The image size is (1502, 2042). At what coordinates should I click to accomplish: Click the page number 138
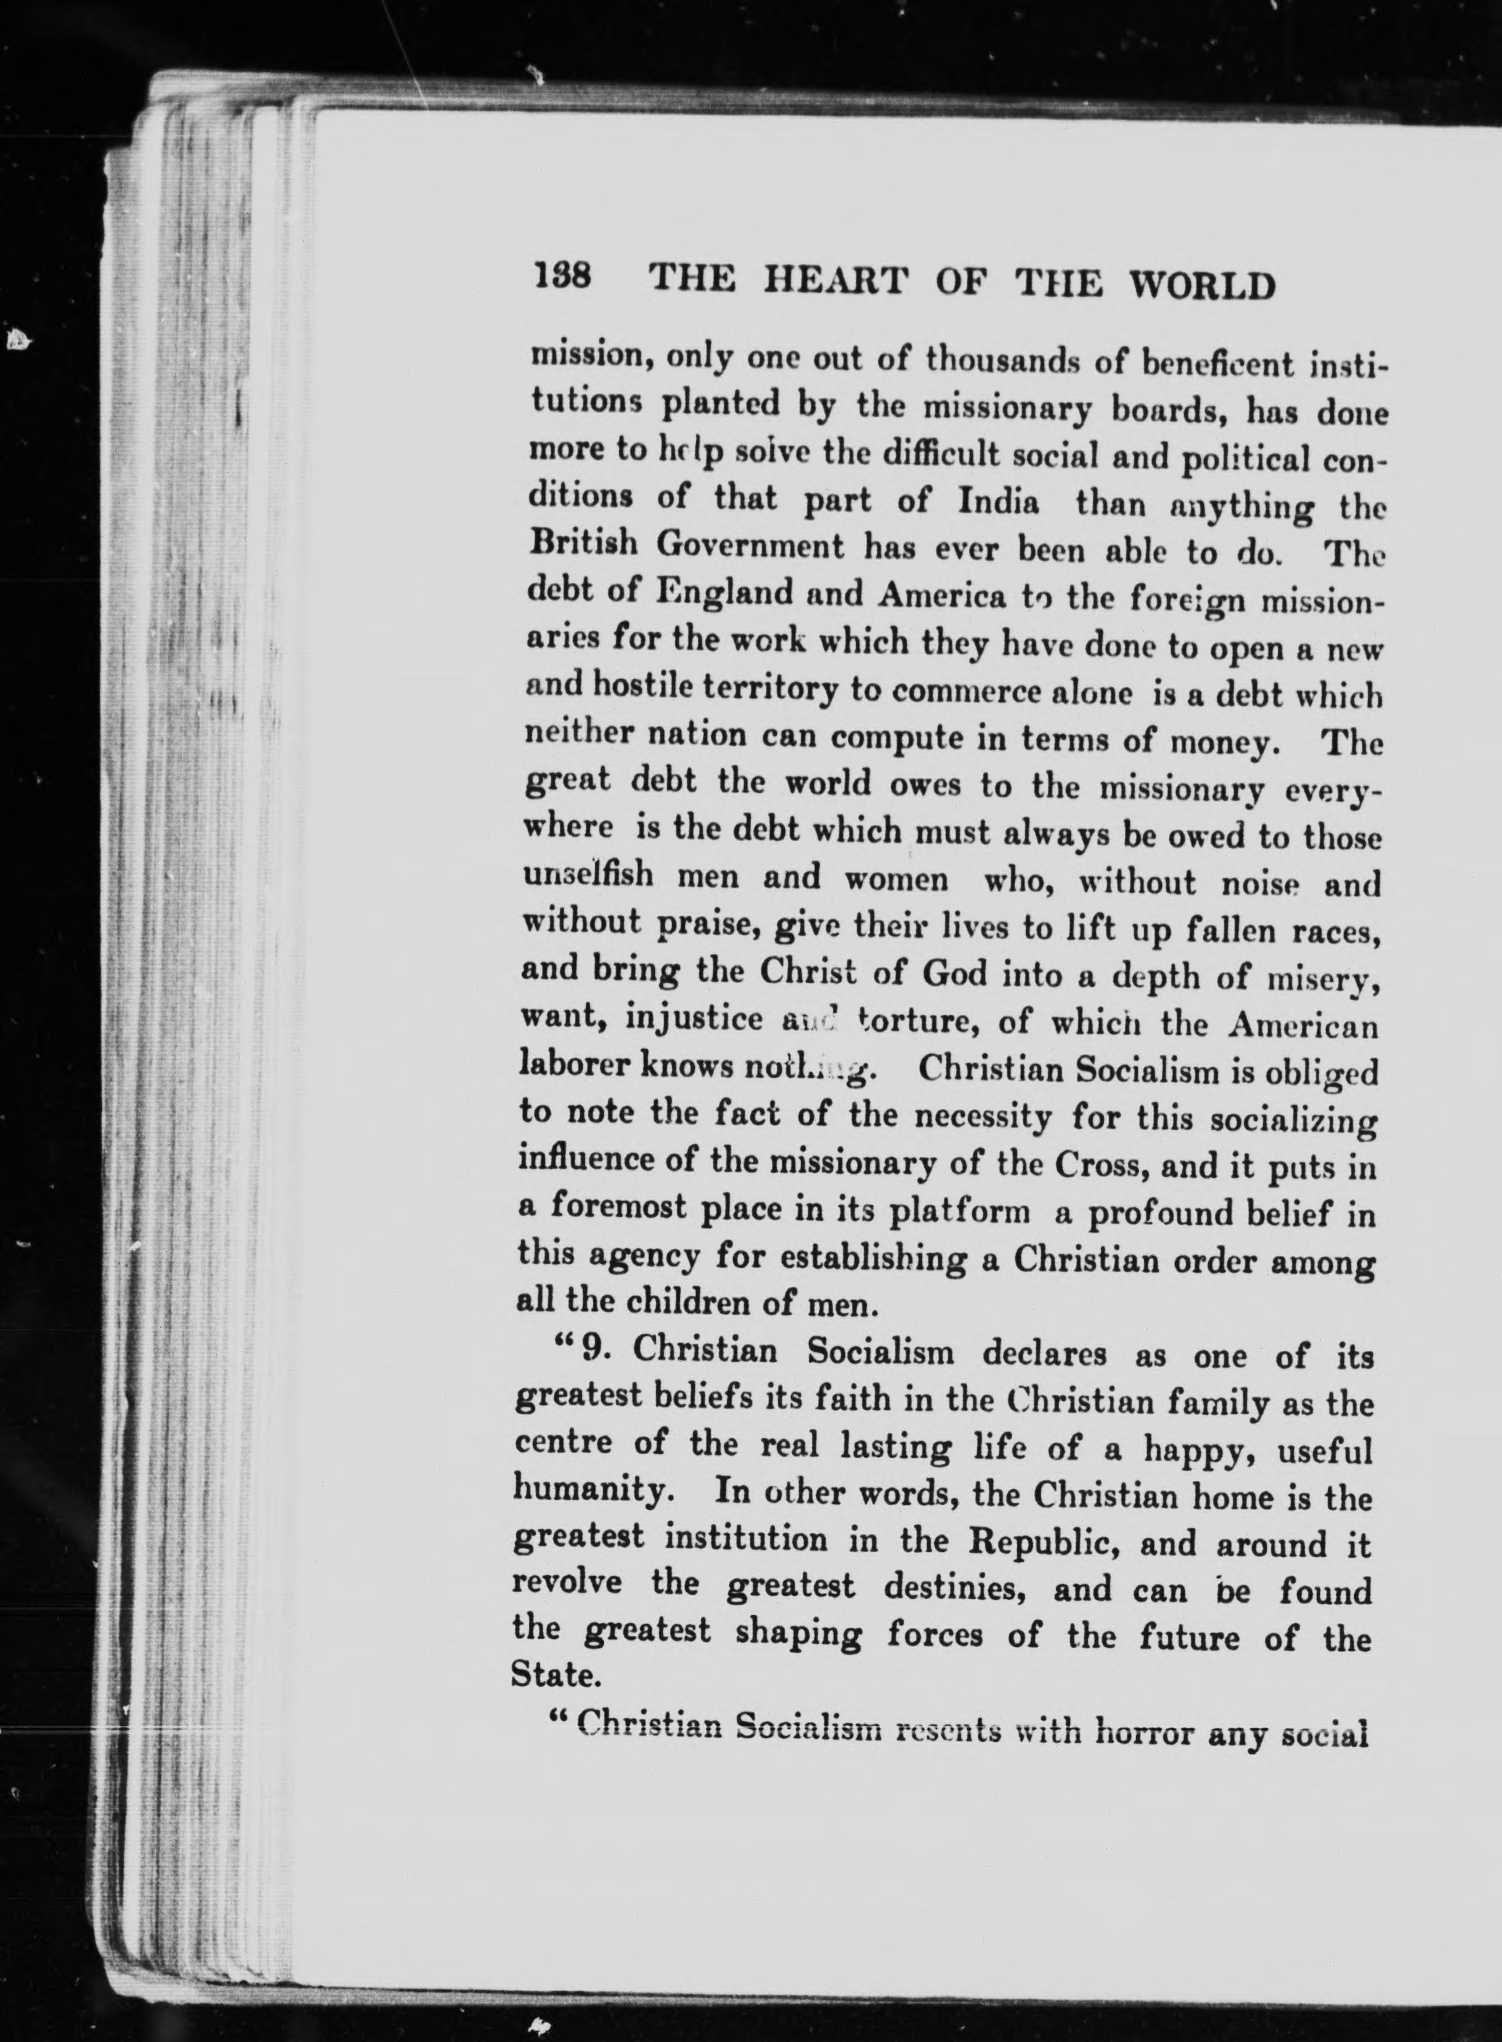click(564, 276)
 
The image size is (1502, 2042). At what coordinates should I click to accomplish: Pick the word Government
click(751, 547)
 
